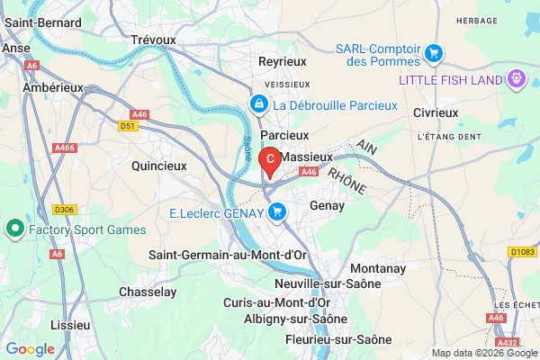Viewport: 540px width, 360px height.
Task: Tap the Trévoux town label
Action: [153, 40]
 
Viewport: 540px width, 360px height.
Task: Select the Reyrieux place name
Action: [283, 60]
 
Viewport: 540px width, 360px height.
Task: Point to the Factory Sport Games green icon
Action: [14, 229]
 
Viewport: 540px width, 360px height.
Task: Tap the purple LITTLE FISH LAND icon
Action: [517, 78]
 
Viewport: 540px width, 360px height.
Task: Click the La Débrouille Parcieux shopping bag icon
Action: [259, 105]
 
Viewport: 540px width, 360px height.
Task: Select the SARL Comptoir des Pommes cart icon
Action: [435, 53]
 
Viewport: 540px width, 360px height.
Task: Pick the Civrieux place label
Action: [436, 112]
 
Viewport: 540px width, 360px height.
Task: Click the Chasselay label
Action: [149, 292]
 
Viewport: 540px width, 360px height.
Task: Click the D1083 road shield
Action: [522, 250]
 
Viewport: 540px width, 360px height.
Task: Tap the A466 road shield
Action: [65, 147]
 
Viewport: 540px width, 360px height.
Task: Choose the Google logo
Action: [30, 348]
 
